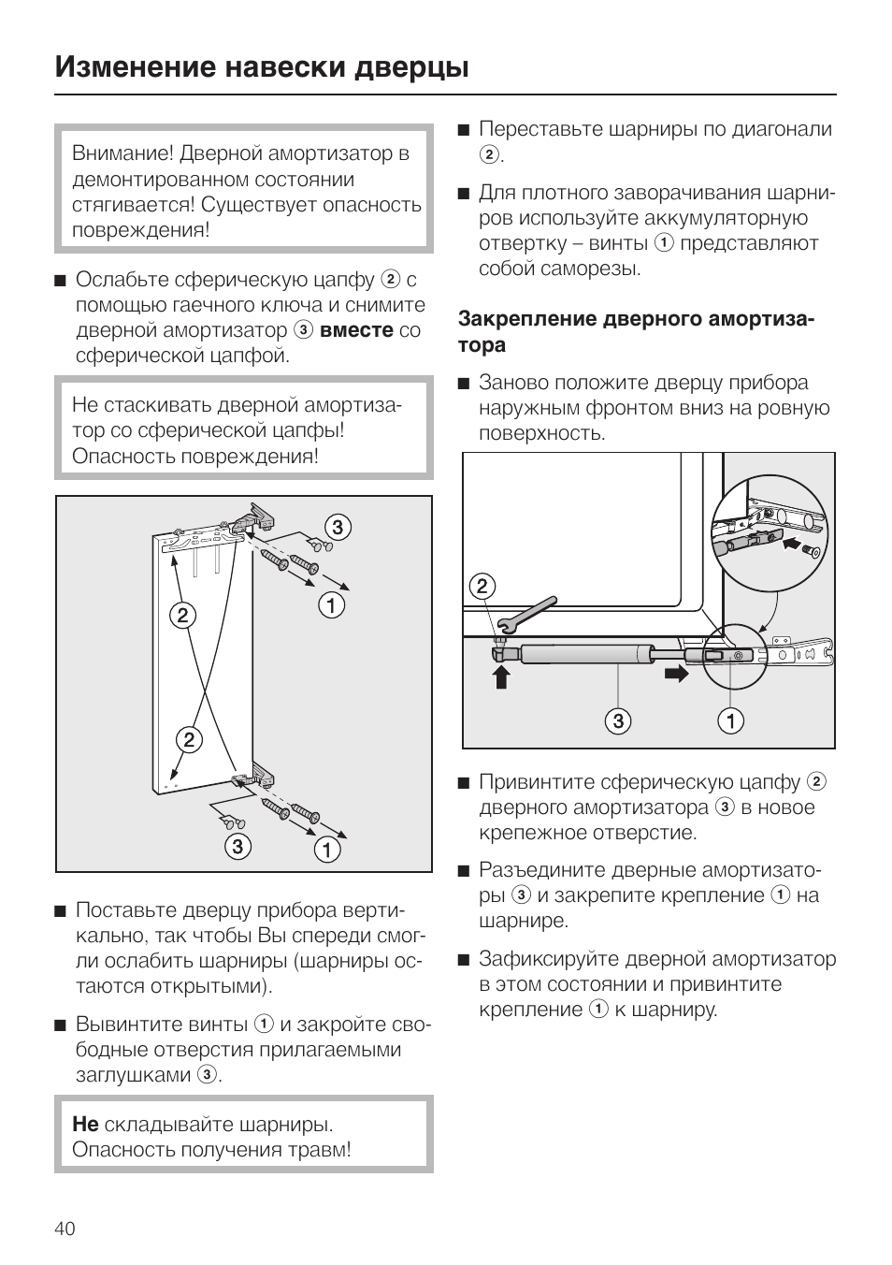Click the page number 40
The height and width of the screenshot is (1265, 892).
point(65,1229)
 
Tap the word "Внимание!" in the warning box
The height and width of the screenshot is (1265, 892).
point(122,153)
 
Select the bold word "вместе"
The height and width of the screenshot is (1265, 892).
point(356,330)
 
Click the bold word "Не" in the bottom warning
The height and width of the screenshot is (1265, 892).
point(85,1124)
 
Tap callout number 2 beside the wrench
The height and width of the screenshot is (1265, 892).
point(482,587)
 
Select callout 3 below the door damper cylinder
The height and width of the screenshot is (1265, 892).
point(617,720)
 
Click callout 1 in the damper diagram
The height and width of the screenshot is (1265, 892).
point(730,720)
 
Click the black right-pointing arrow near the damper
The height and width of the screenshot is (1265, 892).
point(676,673)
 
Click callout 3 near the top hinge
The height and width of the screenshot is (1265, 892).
point(337,527)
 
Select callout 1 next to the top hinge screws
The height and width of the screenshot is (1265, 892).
point(332,605)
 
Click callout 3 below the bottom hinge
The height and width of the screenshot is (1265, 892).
point(237,846)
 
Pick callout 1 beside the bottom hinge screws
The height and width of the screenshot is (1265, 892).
point(326,850)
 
